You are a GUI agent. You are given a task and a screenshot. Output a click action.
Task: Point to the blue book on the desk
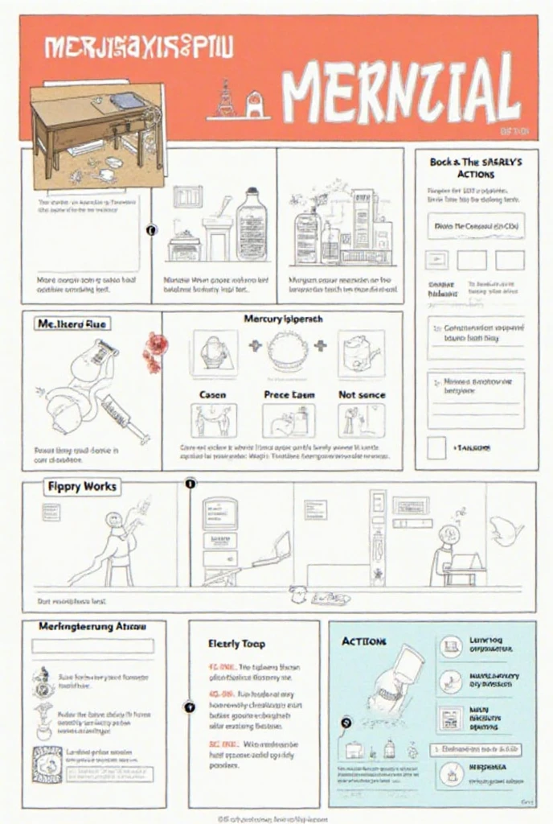(x=125, y=101)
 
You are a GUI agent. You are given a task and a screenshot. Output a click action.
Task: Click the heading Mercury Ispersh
(x=282, y=319)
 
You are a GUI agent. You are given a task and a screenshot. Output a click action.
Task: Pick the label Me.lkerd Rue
(x=71, y=323)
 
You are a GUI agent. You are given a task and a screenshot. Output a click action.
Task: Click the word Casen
(x=212, y=395)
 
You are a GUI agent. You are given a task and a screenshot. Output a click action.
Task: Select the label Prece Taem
(x=289, y=395)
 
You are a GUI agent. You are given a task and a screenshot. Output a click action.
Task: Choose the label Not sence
(x=362, y=395)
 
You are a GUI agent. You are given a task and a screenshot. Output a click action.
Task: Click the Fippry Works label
(x=81, y=486)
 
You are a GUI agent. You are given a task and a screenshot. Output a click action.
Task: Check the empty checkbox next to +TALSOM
(x=436, y=447)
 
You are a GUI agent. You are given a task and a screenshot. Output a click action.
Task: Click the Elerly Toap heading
(x=236, y=643)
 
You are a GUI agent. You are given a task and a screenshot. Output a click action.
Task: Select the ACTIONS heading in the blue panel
(x=364, y=641)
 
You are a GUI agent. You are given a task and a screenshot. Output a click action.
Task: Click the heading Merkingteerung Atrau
(x=92, y=625)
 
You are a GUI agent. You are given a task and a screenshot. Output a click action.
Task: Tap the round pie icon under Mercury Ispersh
(x=288, y=351)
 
